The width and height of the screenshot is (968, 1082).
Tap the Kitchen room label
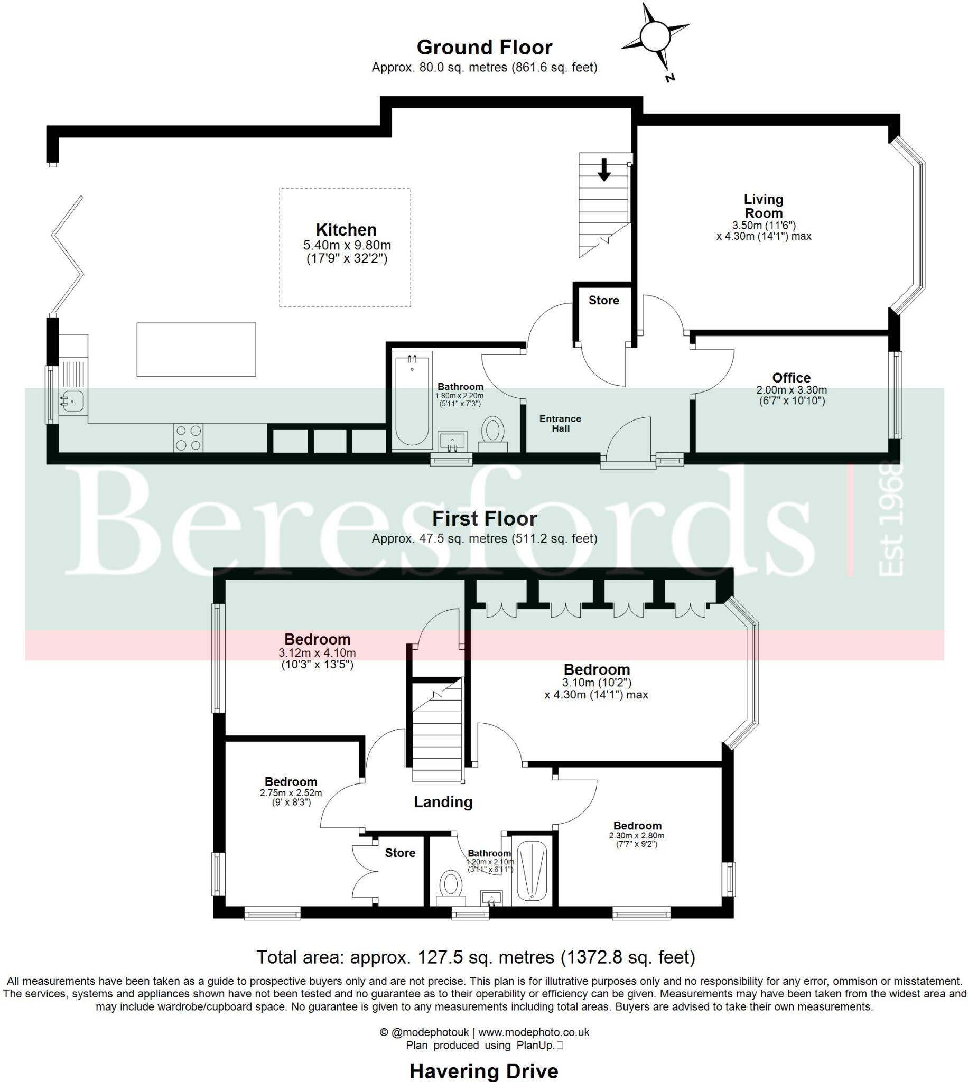click(x=346, y=230)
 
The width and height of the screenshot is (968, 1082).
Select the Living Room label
click(x=763, y=206)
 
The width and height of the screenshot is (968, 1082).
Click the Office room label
click(x=791, y=378)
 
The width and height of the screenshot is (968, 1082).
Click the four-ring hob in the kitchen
click(x=188, y=437)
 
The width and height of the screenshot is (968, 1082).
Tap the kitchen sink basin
click(x=72, y=400)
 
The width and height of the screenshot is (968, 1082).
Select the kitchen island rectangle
click(x=196, y=349)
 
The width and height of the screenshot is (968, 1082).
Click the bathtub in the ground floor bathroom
click(x=412, y=400)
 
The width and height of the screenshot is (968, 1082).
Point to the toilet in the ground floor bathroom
click(x=494, y=431)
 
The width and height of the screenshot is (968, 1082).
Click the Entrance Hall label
click(x=560, y=424)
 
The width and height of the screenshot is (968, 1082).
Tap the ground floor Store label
click(x=603, y=301)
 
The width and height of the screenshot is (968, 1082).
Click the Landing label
click(x=443, y=803)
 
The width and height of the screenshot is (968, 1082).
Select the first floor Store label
click(x=400, y=853)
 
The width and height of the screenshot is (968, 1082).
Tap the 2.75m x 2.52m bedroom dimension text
click(x=291, y=794)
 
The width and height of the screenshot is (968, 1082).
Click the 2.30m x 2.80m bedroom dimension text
click(x=637, y=835)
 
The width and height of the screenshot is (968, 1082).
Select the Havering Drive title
click(x=483, y=1070)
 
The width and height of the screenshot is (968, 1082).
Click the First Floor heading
click(x=484, y=518)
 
